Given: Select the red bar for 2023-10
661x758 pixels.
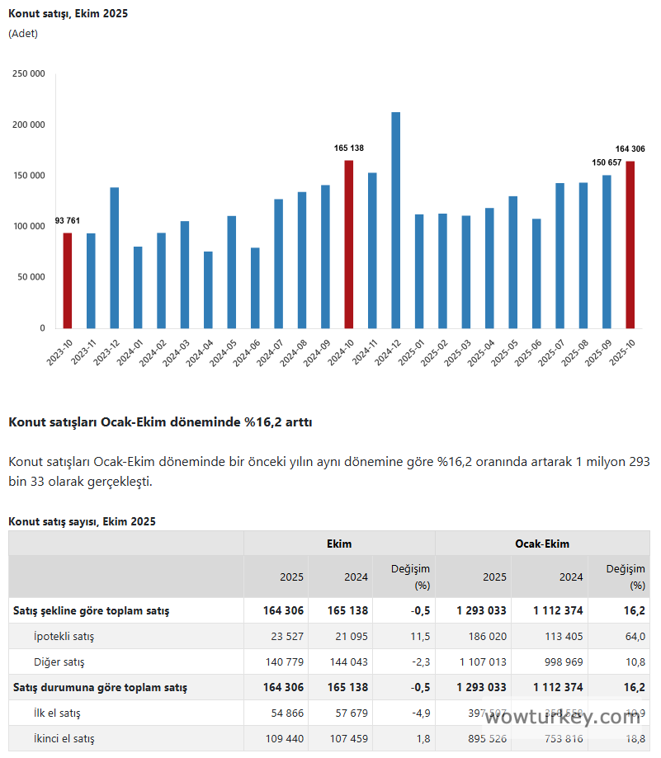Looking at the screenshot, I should (68, 280).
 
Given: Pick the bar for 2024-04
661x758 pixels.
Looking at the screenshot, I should (208, 290).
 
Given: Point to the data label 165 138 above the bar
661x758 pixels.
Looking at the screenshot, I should (348, 148).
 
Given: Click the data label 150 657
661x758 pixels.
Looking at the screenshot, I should (607, 162).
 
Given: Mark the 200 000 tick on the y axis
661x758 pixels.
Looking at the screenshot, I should (29, 125).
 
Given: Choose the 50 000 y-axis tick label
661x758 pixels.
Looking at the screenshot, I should (31, 277).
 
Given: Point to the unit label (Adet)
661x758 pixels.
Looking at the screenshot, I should (23, 34).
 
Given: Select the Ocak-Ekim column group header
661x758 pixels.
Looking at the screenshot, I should (542, 544).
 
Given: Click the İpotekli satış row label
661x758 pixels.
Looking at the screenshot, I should (64, 636).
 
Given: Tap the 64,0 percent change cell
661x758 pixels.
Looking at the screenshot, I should (635, 636).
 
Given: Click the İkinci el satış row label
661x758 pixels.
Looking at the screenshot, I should (64, 738).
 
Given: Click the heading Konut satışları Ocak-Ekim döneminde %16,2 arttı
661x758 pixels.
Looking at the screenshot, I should (160, 422).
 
